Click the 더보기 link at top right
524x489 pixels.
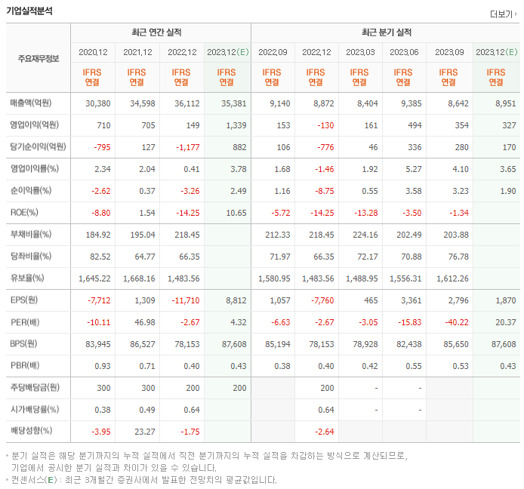tap(504, 14)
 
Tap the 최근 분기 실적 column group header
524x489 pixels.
tap(387, 32)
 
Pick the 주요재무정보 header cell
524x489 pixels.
tap(38, 58)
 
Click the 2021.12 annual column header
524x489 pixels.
tap(137, 52)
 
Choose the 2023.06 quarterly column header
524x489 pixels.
tap(405, 52)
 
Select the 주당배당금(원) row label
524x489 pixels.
tap(36, 388)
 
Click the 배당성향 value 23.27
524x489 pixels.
tap(140, 432)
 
